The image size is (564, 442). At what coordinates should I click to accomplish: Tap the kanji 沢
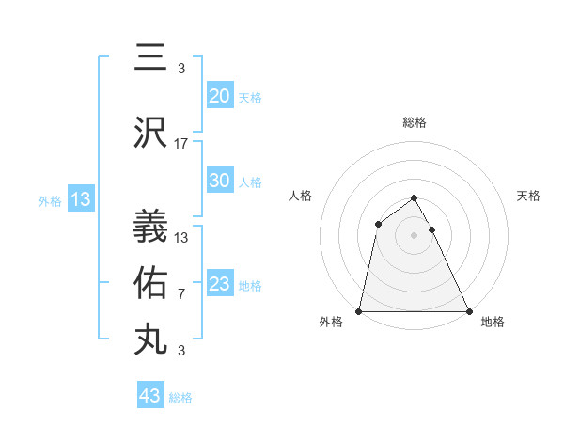(x=150, y=134)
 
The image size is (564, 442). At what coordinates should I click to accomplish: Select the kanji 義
(x=150, y=227)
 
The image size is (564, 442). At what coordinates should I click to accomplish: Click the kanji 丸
(x=150, y=339)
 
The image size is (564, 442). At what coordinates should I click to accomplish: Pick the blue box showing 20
(x=220, y=95)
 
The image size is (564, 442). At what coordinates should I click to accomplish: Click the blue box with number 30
(x=220, y=181)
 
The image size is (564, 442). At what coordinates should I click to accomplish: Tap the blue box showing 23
(x=220, y=284)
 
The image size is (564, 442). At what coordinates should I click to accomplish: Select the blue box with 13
(x=80, y=199)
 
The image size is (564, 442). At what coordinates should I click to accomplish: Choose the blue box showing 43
(x=150, y=396)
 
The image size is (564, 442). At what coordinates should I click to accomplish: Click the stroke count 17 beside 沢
(x=181, y=144)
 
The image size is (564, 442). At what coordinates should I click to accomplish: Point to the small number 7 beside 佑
(x=180, y=294)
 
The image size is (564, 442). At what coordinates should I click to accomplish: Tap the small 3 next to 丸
(x=180, y=351)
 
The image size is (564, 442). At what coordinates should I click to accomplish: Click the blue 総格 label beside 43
(x=180, y=398)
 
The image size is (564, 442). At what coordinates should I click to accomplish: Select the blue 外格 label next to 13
(x=49, y=200)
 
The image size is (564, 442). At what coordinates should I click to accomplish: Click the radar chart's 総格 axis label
(x=415, y=122)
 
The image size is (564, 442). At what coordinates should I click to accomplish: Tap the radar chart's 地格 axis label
(x=493, y=323)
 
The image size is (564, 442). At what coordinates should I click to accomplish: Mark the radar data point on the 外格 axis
(x=359, y=311)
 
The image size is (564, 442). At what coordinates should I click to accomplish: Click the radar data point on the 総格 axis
(x=415, y=198)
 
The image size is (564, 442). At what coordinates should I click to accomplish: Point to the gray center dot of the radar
(x=415, y=235)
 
